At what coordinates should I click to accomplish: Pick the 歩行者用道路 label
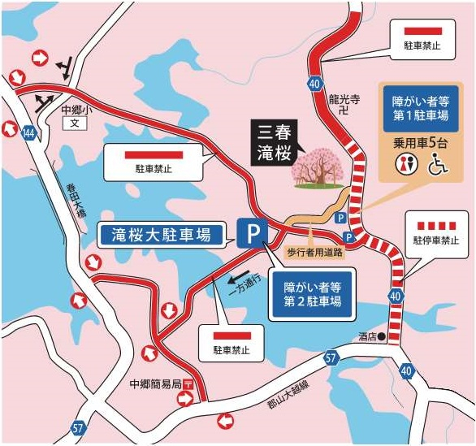313,252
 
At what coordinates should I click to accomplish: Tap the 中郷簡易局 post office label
154,383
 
